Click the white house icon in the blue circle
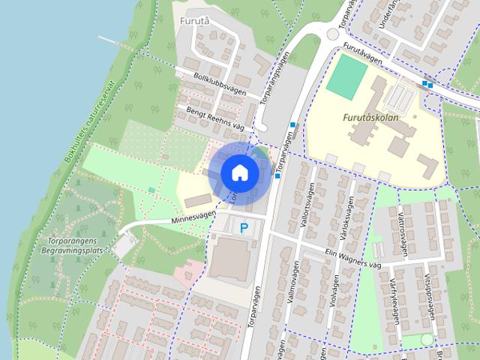click(x=240, y=172)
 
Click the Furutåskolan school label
click(x=370, y=118)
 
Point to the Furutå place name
click(x=194, y=22)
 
